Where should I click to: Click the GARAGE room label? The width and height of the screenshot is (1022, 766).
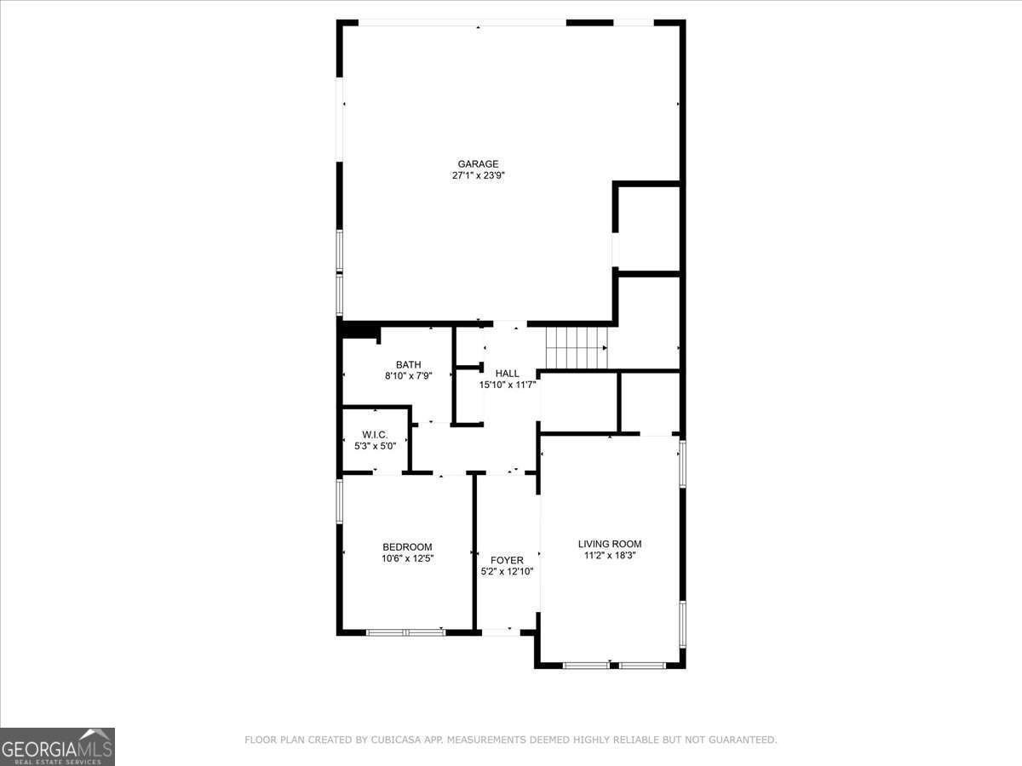[478, 164]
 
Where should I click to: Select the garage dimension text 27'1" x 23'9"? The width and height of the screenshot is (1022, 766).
[478, 176]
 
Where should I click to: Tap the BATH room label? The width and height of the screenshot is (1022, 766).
[408, 365]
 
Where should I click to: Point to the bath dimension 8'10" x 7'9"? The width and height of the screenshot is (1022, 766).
[408, 376]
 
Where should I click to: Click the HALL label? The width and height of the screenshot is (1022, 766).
[507, 374]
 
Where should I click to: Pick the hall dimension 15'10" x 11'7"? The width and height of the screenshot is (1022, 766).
[507, 385]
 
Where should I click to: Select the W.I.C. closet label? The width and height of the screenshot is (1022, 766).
[375, 434]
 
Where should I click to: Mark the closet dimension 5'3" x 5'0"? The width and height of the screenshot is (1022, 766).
[375, 445]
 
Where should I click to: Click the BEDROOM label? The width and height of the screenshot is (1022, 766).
[407, 547]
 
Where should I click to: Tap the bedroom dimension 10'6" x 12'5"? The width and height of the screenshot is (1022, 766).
[407, 558]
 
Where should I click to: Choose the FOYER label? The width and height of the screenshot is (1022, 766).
[507, 560]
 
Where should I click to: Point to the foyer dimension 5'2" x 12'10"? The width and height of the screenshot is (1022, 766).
[507, 571]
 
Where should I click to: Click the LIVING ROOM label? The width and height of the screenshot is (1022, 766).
[610, 544]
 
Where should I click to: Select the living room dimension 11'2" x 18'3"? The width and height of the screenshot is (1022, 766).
[610, 555]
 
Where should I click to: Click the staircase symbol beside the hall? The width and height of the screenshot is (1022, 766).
[576, 348]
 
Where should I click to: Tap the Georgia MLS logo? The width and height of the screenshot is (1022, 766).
[57, 746]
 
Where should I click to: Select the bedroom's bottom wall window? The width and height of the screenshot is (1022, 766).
[405, 632]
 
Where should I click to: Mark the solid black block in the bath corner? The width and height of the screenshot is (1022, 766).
[359, 331]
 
